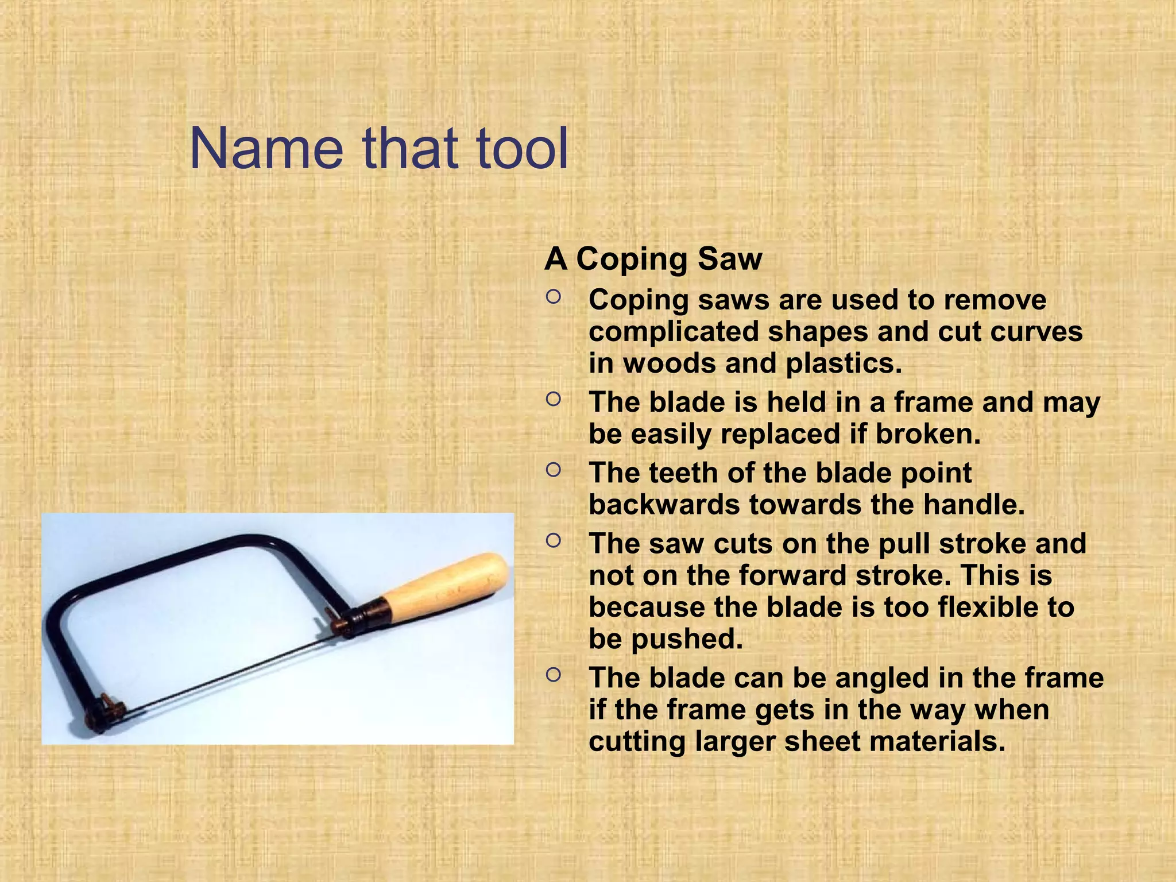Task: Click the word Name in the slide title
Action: tap(266, 149)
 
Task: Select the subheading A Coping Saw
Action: tap(653, 259)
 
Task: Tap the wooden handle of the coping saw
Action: tap(448, 586)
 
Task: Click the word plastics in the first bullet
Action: tap(844, 363)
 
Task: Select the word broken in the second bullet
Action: tap(927, 434)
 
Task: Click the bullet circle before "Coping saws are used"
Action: tap(553, 297)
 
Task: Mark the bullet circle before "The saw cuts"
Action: tap(553, 541)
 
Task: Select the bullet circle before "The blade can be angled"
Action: tap(553, 675)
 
